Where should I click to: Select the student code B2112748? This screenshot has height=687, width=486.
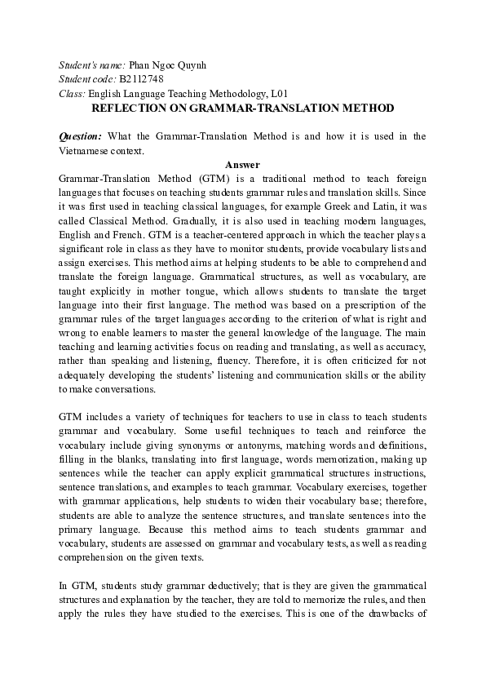[x=141, y=79]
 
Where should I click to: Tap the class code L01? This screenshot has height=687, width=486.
[x=277, y=94]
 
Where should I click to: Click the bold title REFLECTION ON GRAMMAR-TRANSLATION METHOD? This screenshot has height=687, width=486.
[x=242, y=108]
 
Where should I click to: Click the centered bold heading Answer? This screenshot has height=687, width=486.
[x=242, y=164]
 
